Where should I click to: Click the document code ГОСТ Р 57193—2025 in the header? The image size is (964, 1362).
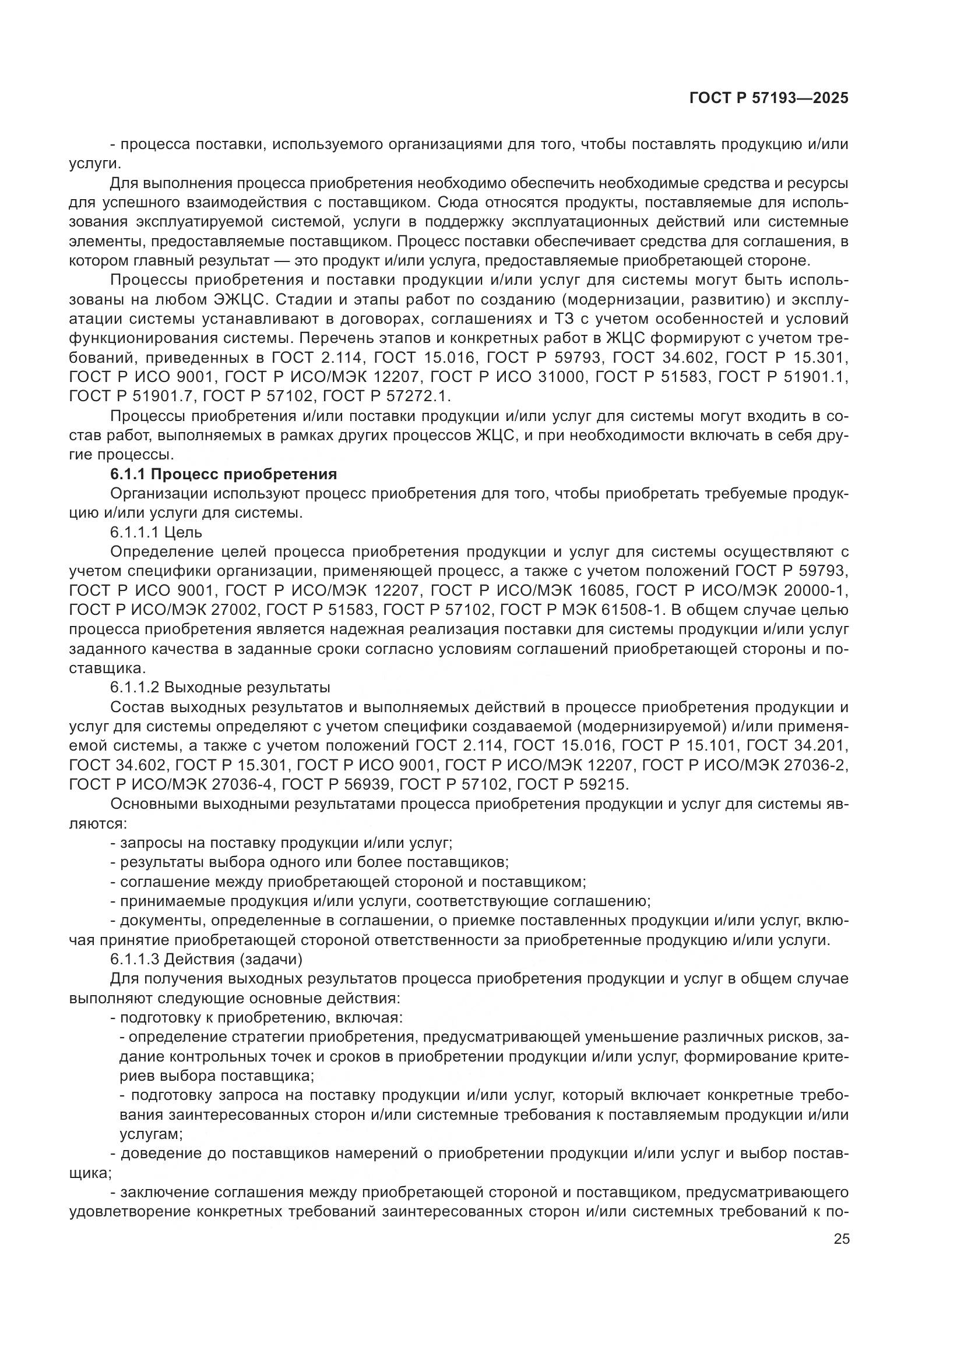click(x=768, y=98)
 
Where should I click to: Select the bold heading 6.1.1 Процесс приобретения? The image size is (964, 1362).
click(x=224, y=474)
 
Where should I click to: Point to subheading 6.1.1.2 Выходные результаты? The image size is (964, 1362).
click(x=220, y=688)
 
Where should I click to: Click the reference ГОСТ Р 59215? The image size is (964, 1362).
click(x=572, y=785)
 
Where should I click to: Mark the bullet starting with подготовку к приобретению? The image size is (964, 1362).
click(x=257, y=1017)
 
